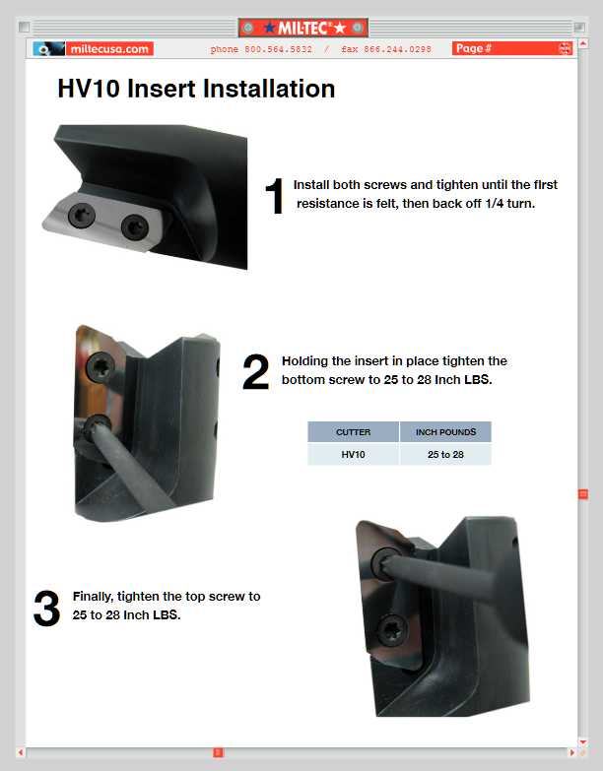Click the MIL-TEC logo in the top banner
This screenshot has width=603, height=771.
coord(303,28)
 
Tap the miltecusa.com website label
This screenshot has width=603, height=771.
coord(109,48)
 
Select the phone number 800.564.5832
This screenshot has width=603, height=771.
coord(279,49)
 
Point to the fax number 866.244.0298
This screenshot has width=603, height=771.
coord(397,49)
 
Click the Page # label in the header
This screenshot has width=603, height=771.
coord(474,48)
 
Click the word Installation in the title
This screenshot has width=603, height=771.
coord(269,89)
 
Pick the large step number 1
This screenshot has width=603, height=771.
coord(275,196)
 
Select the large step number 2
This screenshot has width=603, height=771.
coord(256,372)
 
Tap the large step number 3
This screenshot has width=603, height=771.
coord(46,609)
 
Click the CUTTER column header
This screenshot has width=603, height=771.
coord(353,432)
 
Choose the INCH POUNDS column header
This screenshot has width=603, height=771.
coord(445,432)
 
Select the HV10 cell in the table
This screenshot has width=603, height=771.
coord(353,454)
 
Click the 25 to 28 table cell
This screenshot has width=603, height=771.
coord(445,454)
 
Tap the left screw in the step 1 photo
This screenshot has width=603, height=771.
coord(82,216)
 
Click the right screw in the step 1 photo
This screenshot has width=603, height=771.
coord(134,227)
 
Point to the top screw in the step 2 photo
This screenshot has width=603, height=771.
coord(100,366)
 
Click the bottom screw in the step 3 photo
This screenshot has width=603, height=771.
coord(392,630)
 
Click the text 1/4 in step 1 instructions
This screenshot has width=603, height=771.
coord(495,204)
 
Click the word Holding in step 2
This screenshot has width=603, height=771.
coord(304,361)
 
